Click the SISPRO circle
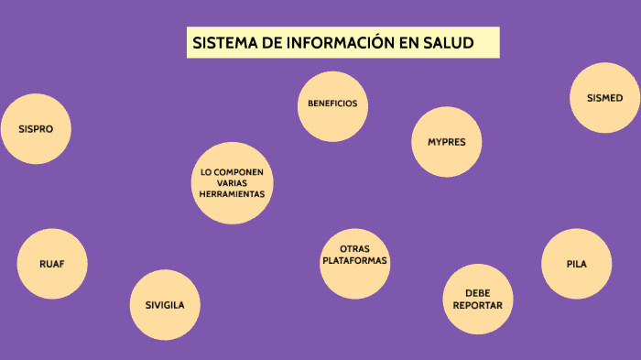pyautogui.click(x=36, y=129)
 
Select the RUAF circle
pyautogui.click(x=52, y=264)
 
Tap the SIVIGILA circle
pyautogui.click(x=165, y=305)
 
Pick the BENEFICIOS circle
pyautogui.click(x=332, y=104)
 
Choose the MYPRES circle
pyautogui.click(x=446, y=142)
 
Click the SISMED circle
pyautogui.click(x=604, y=98)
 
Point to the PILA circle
pyautogui.click(x=576, y=264)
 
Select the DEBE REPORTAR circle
pyautogui.click(x=477, y=300)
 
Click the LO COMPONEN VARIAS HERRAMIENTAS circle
pyautogui.click(x=233, y=183)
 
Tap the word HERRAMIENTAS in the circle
pyautogui.click(x=233, y=194)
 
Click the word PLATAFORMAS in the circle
pyautogui.click(x=354, y=261)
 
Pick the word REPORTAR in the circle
pyautogui.click(x=477, y=305)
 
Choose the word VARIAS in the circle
pyautogui.click(x=233, y=183)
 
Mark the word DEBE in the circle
pyautogui.click(x=477, y=293)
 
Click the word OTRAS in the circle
pyautogui.click(x=354, y=249)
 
